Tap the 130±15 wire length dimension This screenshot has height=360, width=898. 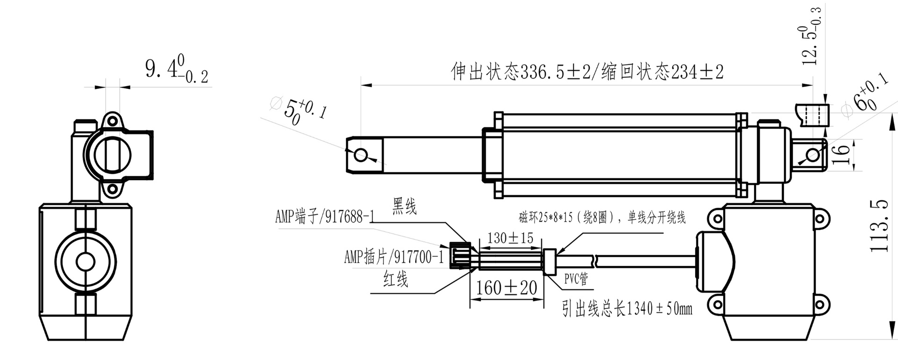[510, 238]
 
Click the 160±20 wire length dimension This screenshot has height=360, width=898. [507, 288]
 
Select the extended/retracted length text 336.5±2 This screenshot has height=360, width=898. [587, 72]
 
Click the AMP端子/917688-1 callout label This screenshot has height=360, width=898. [325, 217]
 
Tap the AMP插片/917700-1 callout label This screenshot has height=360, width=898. [393, 257]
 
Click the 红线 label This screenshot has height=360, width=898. [396, 279]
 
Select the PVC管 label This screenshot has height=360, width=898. [576, 279]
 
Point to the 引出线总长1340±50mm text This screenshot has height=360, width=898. [627, 309]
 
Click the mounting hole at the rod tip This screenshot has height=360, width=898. [361, 154]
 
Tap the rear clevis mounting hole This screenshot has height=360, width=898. [813, 155]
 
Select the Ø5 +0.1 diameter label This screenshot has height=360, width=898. [299, 111]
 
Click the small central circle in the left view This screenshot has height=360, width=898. [86, 261]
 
